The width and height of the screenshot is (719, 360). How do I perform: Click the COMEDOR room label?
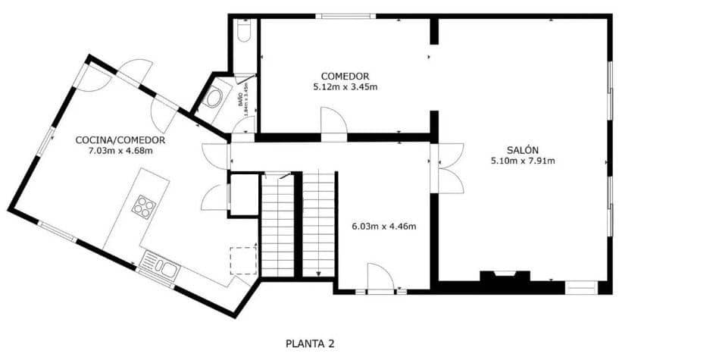(345, 76)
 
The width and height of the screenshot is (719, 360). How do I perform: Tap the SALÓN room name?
(523, 149)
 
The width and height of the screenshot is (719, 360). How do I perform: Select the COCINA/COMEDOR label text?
(120, 140)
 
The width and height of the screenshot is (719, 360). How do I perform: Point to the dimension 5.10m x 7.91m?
(523, 161)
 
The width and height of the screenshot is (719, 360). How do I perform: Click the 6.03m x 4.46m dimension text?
(384, 226)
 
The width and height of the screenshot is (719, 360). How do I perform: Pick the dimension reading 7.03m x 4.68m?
(120, 151)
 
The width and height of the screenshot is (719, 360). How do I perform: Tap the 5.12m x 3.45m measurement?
(345, 87)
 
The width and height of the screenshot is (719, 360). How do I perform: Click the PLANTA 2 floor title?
(310, 344)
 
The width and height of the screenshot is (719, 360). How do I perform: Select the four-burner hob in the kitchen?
(144, 206)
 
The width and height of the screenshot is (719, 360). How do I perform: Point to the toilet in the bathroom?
(243, 30)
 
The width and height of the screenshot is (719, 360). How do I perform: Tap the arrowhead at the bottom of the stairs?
(319, 274)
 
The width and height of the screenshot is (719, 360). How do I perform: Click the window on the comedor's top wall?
(345, 16)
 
